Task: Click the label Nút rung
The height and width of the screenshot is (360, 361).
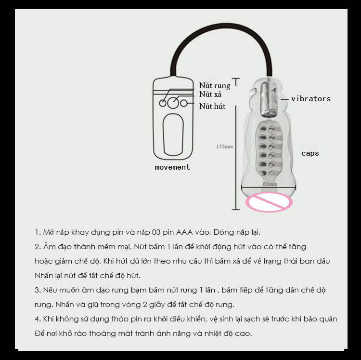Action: pos(215,86)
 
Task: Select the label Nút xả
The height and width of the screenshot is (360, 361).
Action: pos(210,94)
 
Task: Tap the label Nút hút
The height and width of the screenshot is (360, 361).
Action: pos(212,106)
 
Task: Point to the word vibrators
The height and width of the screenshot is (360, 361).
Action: pos(311,99)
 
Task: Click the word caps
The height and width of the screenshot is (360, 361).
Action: pos(310,154)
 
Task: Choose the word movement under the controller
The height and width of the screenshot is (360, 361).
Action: pos(172,167)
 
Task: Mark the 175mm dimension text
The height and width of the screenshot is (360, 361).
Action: pos(224,147)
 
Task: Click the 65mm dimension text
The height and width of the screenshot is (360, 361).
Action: pos(270,184)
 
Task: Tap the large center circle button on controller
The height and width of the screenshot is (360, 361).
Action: pos(173,103)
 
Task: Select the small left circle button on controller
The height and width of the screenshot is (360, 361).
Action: pos(163,103)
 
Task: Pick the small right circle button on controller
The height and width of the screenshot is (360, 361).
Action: pos(184,103)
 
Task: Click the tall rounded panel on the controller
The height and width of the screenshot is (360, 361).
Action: pos(173,134)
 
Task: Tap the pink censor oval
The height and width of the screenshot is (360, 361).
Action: pos(269,202)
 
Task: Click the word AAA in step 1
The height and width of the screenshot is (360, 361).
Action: pos(184,232)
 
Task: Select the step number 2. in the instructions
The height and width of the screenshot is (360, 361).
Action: pos(38,247)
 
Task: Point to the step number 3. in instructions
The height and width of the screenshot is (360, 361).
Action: pos(38,290)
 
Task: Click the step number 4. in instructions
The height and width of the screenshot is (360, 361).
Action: pos(38,319)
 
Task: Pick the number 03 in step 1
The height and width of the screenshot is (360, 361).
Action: pos(156,232)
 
